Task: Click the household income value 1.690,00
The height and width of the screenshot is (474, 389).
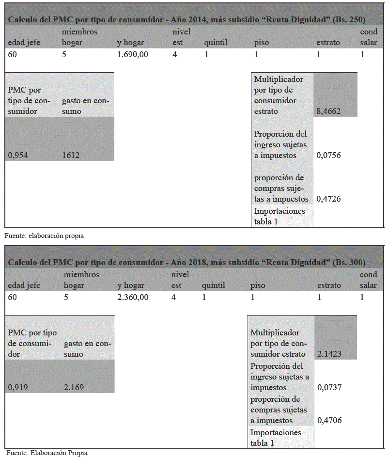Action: click(132, 55)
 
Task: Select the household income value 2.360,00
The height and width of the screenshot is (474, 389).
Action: click(132, 297)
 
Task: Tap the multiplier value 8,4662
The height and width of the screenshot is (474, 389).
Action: click(328, 111)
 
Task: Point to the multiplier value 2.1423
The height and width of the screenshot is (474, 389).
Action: click(329, 354)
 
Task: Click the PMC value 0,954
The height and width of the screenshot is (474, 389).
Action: click(18, 155)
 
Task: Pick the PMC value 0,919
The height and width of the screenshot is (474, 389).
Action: click(18, 387)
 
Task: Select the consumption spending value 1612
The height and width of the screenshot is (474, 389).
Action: click(71, 155)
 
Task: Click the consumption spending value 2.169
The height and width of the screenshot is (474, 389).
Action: click(74, 387)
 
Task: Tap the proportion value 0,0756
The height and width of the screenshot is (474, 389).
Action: click(328, 156)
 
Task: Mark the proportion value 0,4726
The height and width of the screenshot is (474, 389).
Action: click(328, 199)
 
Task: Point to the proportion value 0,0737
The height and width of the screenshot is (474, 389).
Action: click(329, 387)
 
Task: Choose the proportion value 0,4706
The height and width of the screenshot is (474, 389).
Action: click(329, 420)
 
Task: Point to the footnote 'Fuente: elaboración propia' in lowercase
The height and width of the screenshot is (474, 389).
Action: click(44, 236)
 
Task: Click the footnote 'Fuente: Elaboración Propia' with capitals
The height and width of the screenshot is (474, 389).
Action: click(47, 453)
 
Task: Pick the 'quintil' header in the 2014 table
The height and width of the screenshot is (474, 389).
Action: click(216, 42)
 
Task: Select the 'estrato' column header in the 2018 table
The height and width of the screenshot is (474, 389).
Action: click(329, 285)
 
